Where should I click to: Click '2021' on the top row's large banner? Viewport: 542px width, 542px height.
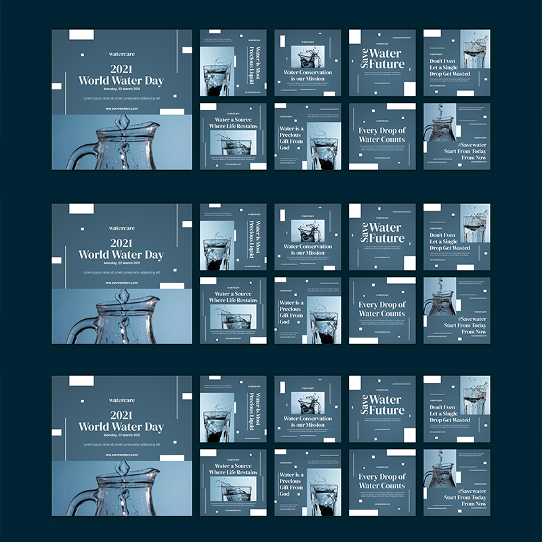(121, 69)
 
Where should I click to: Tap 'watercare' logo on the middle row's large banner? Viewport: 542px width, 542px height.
(121, 228)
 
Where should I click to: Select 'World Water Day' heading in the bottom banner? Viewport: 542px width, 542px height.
(121, 427)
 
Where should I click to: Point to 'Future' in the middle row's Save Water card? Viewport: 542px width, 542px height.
(387, 238)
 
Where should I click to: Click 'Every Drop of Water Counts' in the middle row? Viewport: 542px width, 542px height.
(382, 309)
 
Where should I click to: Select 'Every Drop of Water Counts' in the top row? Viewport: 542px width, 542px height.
(382, 135)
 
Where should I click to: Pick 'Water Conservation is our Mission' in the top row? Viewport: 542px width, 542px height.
(308, 75)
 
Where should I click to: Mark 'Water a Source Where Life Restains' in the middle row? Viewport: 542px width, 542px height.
(233, 297)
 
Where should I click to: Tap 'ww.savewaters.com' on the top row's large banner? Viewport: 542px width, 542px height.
(121, 108)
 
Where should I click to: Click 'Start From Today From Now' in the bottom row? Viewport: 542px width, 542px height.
(465, 501)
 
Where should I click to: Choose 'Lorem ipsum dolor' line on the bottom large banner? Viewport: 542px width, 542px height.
(121, 444)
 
